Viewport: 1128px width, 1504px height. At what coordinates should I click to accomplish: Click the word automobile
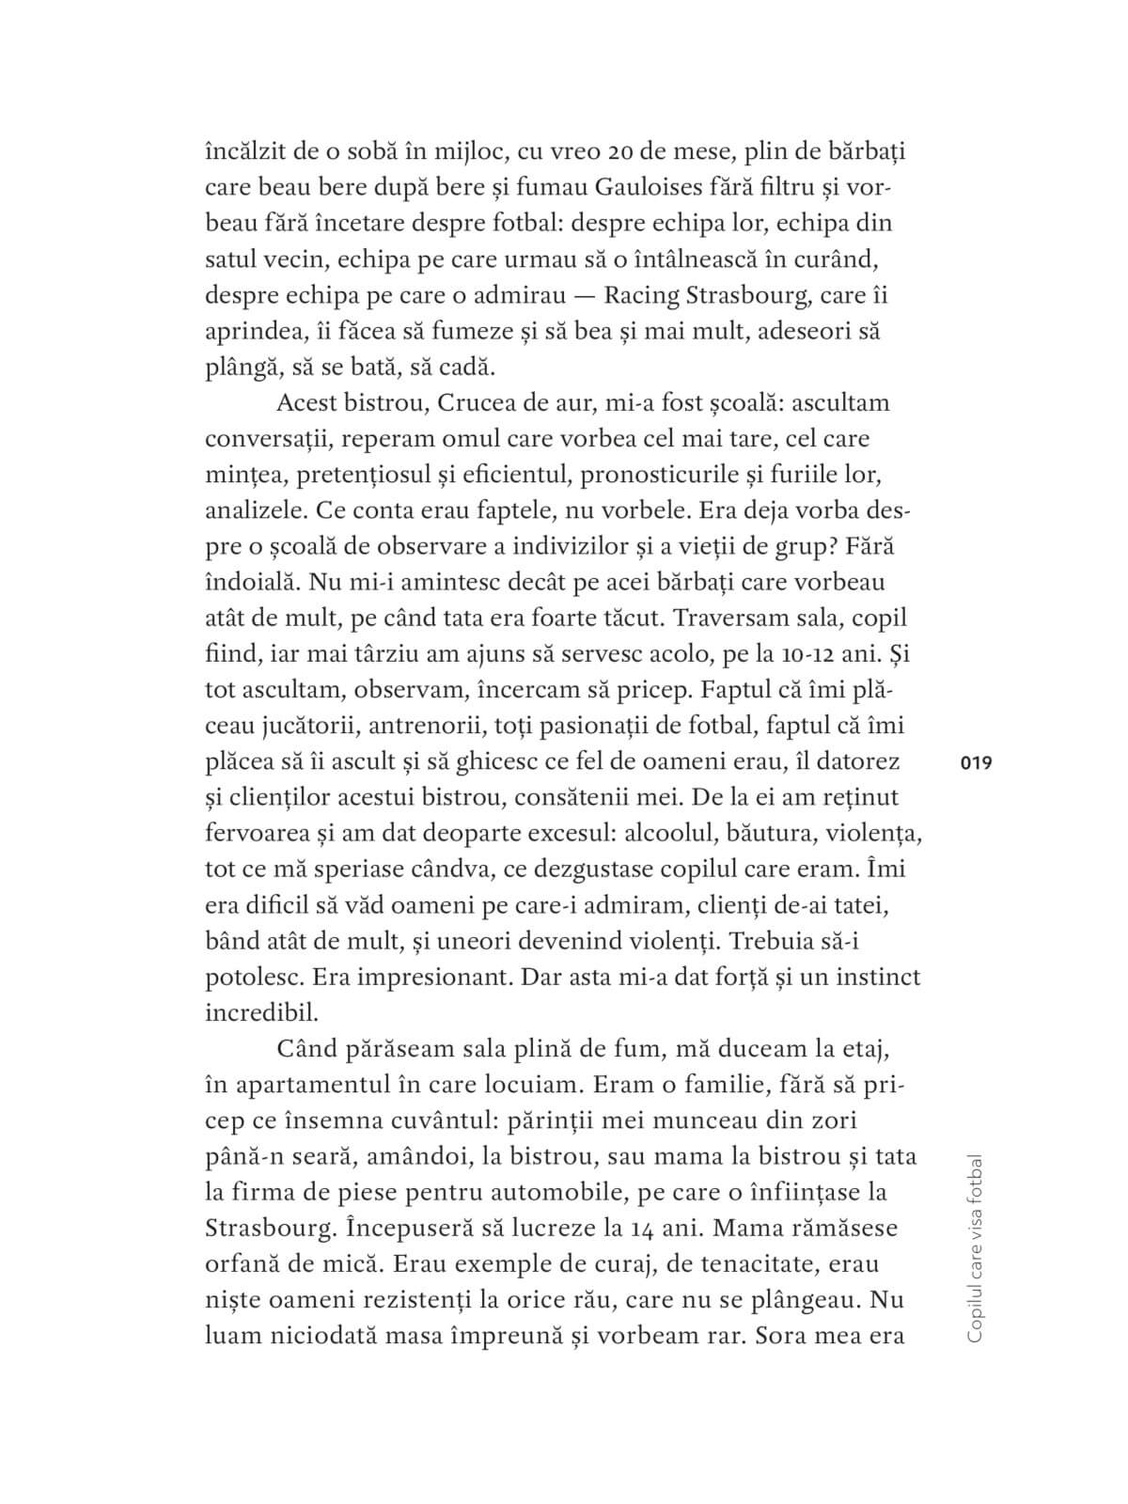tap(546, 1192)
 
